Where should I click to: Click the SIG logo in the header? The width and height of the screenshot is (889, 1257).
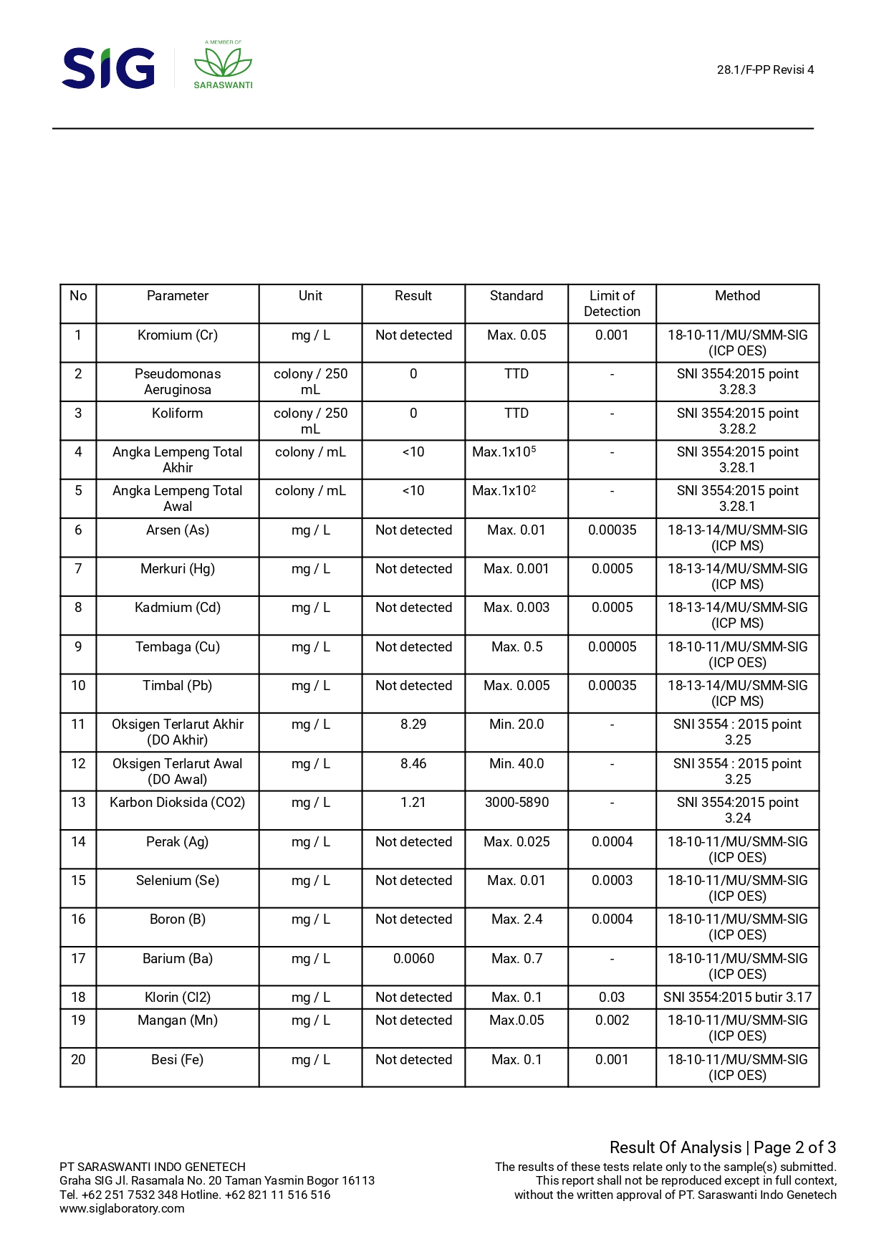tap(108, 68)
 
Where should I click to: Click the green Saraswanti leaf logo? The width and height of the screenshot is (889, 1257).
tap(223, 65)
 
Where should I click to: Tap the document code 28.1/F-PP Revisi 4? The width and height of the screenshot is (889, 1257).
tap(765, 70)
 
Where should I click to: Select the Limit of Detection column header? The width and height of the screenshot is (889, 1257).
tap(612, 303)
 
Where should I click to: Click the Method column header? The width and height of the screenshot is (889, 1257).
tap(737, 296)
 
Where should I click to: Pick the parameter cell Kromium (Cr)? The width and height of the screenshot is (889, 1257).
tap(178, 335)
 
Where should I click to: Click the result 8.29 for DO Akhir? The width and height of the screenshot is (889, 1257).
tap(413, 725)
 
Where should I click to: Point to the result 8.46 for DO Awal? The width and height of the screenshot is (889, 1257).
tap(413, 764)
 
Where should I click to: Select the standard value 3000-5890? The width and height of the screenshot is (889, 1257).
tap(516, 803)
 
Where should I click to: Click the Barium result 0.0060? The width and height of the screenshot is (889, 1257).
tap(413, 959)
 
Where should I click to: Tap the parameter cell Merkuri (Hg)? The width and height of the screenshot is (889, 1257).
tap(178, 569)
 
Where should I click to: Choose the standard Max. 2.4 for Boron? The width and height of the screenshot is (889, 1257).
tap(516, 919)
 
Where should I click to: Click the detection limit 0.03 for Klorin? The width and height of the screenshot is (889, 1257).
tap(612, 998)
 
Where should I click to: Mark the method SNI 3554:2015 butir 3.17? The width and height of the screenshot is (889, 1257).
tap(737, 998)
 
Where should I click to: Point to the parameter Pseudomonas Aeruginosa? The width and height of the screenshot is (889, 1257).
tap(178, 382)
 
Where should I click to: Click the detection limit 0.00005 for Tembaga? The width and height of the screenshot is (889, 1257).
tap(612, 647)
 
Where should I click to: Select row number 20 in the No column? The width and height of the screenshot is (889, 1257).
tap(78, 1060)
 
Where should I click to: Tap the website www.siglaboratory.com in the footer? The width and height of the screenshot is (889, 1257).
tap(122, 1208)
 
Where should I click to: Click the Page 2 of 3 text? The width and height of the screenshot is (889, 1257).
tap(794, 1147)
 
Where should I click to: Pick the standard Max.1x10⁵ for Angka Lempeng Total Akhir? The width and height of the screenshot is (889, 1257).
tap(504, 452)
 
